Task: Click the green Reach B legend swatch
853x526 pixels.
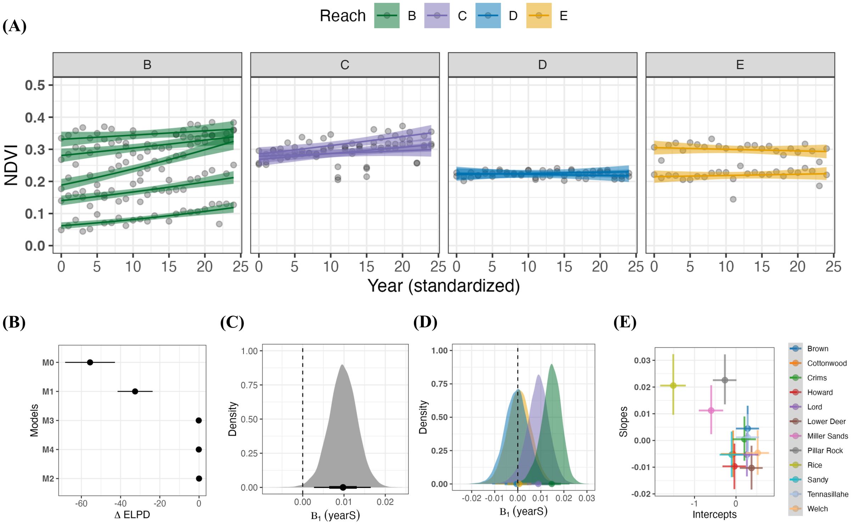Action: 387,16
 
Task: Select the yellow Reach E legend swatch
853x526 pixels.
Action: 539,16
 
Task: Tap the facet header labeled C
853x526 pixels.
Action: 345,65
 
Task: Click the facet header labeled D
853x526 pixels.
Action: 542,65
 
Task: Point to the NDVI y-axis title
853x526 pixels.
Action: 11,165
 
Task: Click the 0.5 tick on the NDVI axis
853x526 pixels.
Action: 35,85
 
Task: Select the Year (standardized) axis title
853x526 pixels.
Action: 443,286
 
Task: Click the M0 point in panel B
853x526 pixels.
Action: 90,362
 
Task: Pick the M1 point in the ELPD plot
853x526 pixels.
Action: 135,391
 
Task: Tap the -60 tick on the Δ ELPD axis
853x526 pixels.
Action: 81,504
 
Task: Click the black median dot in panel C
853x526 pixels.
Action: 343,487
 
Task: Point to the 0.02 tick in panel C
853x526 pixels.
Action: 385,502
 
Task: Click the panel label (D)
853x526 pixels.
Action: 425,322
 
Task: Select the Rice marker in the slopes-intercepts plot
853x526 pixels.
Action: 673,386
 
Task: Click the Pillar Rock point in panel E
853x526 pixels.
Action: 725,380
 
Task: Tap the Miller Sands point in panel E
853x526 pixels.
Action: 711,410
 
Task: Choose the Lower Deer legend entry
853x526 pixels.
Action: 826,421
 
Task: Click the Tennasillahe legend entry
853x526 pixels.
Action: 827,494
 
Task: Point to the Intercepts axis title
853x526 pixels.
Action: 714,514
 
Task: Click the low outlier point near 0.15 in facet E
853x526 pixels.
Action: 733,199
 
